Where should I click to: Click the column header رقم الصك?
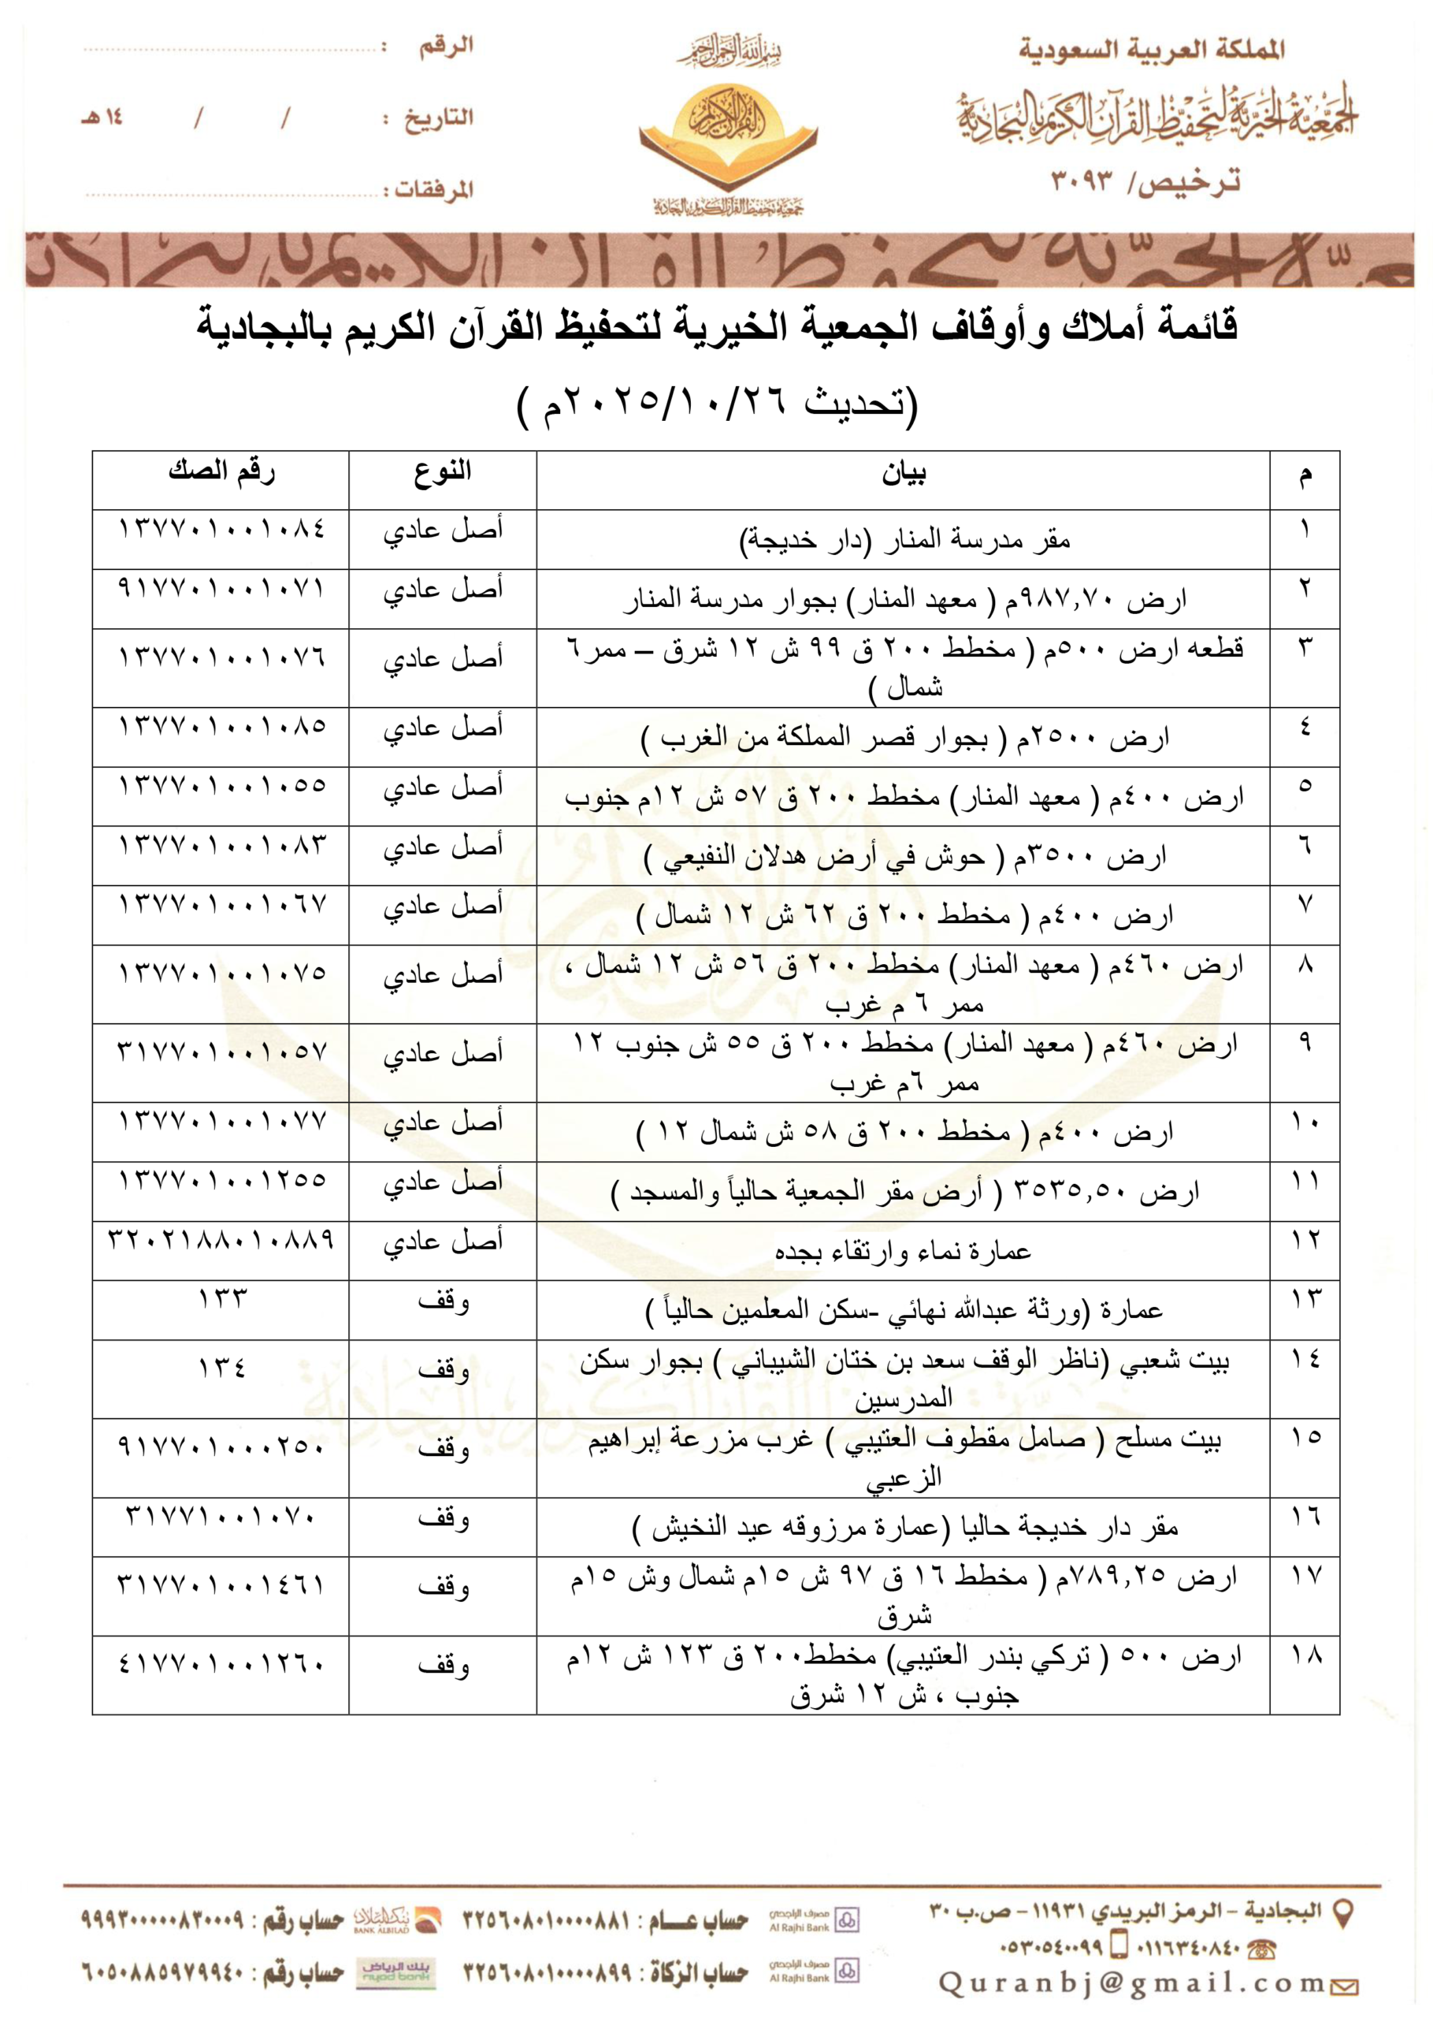[221, 472]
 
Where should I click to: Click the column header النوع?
[442, 472]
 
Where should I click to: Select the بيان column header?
[903, 475]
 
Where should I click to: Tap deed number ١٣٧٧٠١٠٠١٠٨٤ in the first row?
[221, 529]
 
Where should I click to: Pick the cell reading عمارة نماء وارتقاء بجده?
[903, 1251]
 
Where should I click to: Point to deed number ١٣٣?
[221, 1298]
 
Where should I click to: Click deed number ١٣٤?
[221, 1368]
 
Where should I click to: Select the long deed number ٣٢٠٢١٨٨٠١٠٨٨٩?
[221, 1240]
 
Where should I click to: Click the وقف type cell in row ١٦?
[442, 1519]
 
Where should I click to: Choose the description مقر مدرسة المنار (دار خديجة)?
[903, 539]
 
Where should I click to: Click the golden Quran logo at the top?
[728, 132]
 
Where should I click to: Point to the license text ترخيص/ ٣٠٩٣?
[1145, 182]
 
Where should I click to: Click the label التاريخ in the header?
[439, 117]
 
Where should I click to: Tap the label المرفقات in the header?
[432, 189]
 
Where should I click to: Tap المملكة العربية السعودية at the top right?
[1152, 50]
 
